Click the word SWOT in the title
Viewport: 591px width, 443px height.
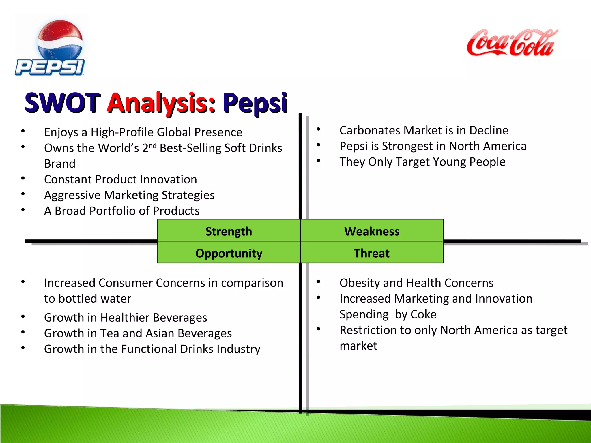click(x=62, y=103)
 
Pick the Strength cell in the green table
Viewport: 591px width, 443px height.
click(x=229, y=231)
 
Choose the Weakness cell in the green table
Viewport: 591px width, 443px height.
click(x=372, y=231)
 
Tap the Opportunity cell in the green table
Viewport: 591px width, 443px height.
click(x=229, y=253)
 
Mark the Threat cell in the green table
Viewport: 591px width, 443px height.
click(x=372, y=253)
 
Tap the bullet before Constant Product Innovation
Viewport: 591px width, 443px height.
click(x=23, y=178)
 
